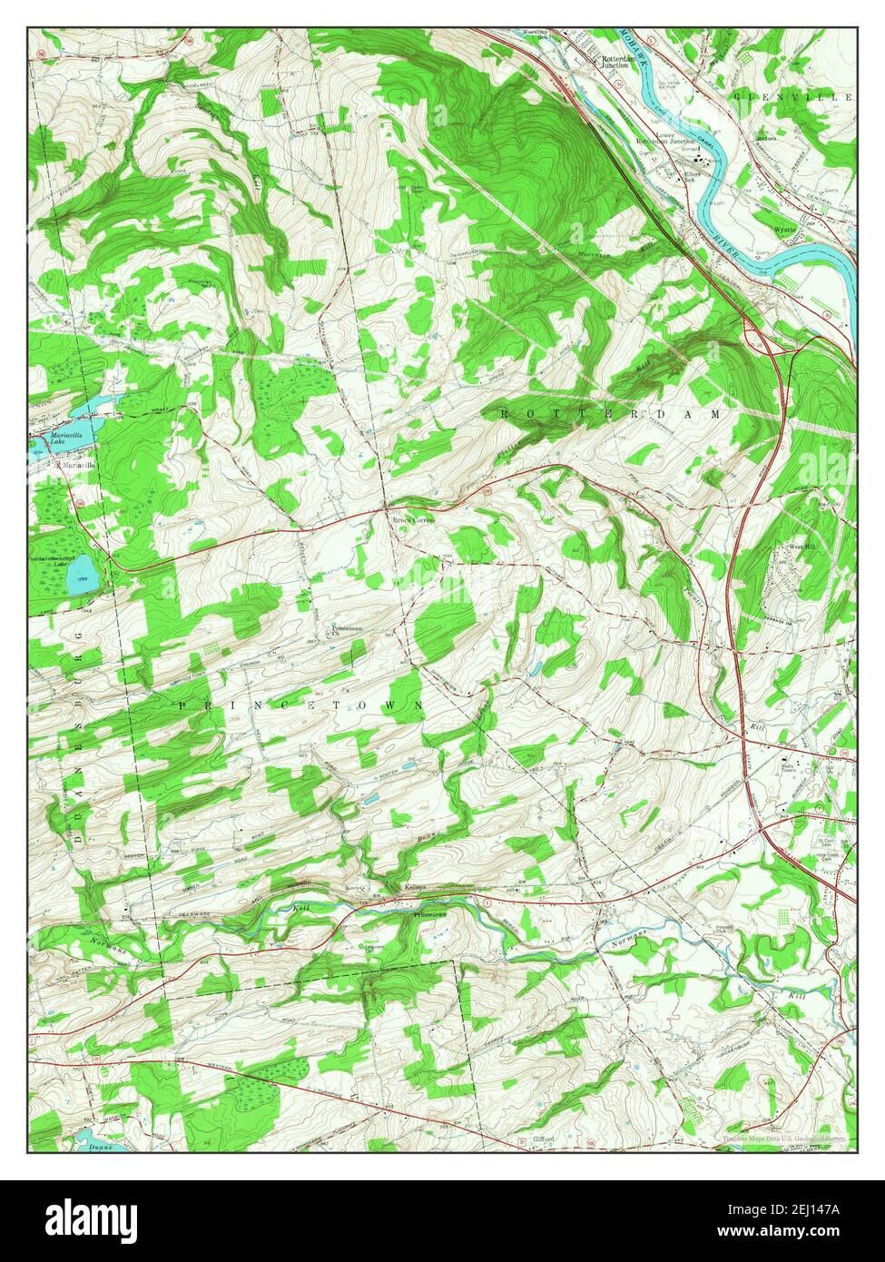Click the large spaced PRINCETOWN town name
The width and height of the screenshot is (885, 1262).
pos(300,705)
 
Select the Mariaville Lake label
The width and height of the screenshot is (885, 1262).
pos(74,439)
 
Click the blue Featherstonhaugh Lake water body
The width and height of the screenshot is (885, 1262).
pos(80,577)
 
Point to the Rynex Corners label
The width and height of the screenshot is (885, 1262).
pos(413,520)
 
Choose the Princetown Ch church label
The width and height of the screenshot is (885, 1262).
pos(346,630)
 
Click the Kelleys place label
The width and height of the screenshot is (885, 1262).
pos(416,888)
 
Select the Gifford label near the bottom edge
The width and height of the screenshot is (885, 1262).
pos(544,1139)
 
